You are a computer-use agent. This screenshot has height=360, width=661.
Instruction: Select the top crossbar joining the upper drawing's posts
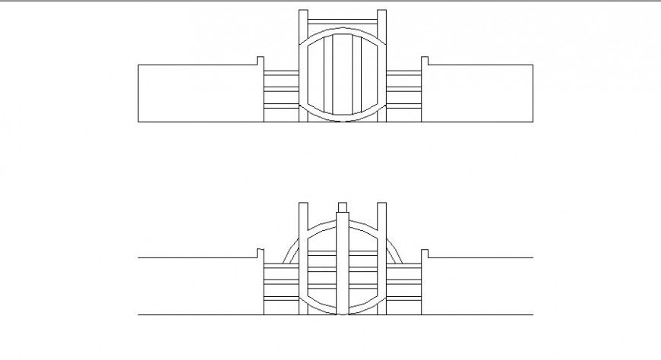tap(342, 20)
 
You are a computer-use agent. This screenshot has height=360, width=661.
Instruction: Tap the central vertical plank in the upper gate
tap(342, 76)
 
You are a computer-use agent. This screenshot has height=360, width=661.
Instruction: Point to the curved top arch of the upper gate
tap(342, 30)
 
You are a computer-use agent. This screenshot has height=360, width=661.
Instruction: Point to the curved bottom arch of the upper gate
tap(342, 119)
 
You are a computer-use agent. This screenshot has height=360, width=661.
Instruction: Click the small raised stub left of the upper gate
tap(259, 61)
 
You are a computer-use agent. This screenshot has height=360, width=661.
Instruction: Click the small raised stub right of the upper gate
tap(425, 61)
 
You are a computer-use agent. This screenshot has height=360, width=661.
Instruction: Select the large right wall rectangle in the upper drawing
tap(479, 93)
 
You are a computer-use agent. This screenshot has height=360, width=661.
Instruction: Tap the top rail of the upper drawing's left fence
tap(281, 72)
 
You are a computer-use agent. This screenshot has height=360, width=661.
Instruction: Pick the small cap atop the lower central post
tap(342, 206)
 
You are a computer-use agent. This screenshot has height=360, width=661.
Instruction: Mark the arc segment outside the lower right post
tap(395, 251)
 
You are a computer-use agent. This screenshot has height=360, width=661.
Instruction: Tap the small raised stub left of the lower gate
tap(259, 253)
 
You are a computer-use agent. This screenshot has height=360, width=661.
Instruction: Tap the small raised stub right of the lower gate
tap(425, 253)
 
